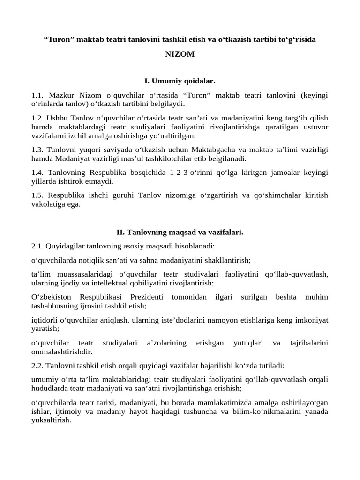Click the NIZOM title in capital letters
[x=180, y=54]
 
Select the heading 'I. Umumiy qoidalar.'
[x=180, y=82]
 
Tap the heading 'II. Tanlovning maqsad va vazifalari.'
[x=180, y=232]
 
